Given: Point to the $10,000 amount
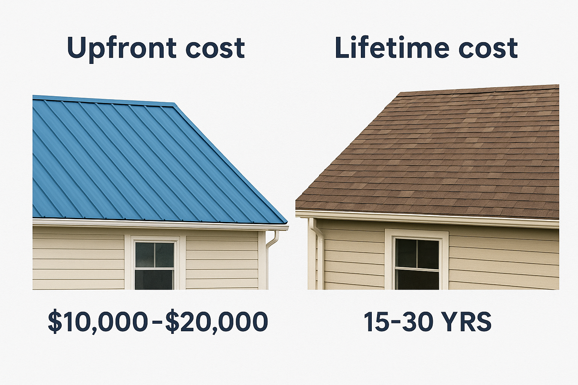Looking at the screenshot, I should (x=97, y=322).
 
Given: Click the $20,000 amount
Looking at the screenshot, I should (x=216, y=322).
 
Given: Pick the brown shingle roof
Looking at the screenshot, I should (x=444, y=158).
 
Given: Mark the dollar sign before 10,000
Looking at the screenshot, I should (x=55, y=322).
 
